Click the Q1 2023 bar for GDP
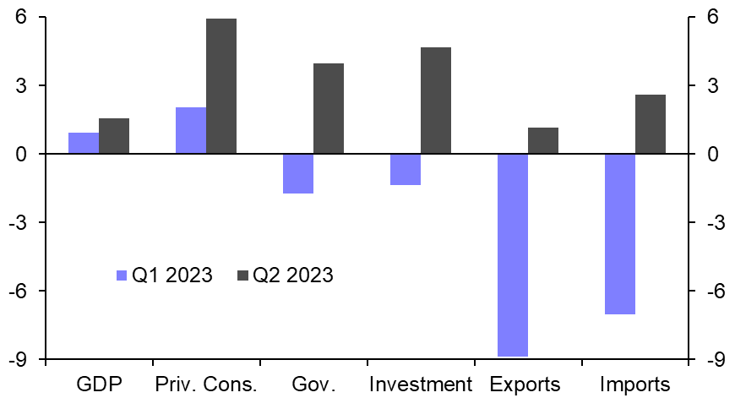tap(84, 144)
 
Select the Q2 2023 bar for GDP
tap(114, 136)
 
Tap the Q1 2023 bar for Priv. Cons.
tap(191, 131)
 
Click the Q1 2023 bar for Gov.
tap(298, 173)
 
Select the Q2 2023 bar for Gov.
tap(329, 108)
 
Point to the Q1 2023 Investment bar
tap(406, 169)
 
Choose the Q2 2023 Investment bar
tap(436, 101)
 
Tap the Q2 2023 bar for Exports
tap(543, 141)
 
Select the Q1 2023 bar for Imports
tap(620, 234)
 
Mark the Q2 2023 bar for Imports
tap(651, 124)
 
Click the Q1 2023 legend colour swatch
tap(121, 275)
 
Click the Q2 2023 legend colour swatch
tap(242, 275)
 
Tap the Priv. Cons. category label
tap(205, 384)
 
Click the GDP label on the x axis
tap(100, 384)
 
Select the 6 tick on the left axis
tap(19, 18)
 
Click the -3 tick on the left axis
tap(15, 222)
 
